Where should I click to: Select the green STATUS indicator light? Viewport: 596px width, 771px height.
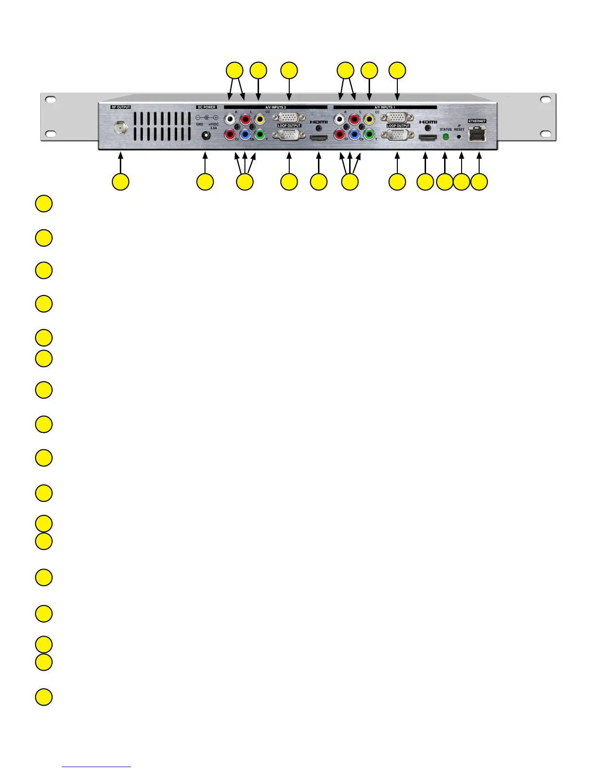tap(445, 137)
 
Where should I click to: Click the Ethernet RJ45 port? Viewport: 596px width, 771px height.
tap(477, 133)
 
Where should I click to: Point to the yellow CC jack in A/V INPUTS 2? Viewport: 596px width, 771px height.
tap(260, 119)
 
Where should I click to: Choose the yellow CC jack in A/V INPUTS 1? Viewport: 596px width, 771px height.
tap(370, 119)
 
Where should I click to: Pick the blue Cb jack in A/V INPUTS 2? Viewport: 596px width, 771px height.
tap(245, 134)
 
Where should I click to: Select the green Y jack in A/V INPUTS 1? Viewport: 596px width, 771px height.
tap(370, 134)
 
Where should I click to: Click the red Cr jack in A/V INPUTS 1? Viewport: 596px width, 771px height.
tap(339, 134)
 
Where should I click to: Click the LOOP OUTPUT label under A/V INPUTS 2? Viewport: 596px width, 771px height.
tap(289, 126)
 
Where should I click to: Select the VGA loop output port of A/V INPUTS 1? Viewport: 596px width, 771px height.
tap(398, 135)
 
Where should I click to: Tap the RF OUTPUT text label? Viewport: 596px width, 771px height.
tap(121, 107)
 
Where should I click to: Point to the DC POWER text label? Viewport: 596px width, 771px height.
tap(206, 107)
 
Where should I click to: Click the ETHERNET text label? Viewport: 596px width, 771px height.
tap(477, 121)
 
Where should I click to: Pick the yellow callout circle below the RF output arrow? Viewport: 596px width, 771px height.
tap(120, 182)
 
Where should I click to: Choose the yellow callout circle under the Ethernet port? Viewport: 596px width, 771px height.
tap(479, 182)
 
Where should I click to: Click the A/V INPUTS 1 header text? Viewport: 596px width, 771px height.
tap(385, 107)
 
